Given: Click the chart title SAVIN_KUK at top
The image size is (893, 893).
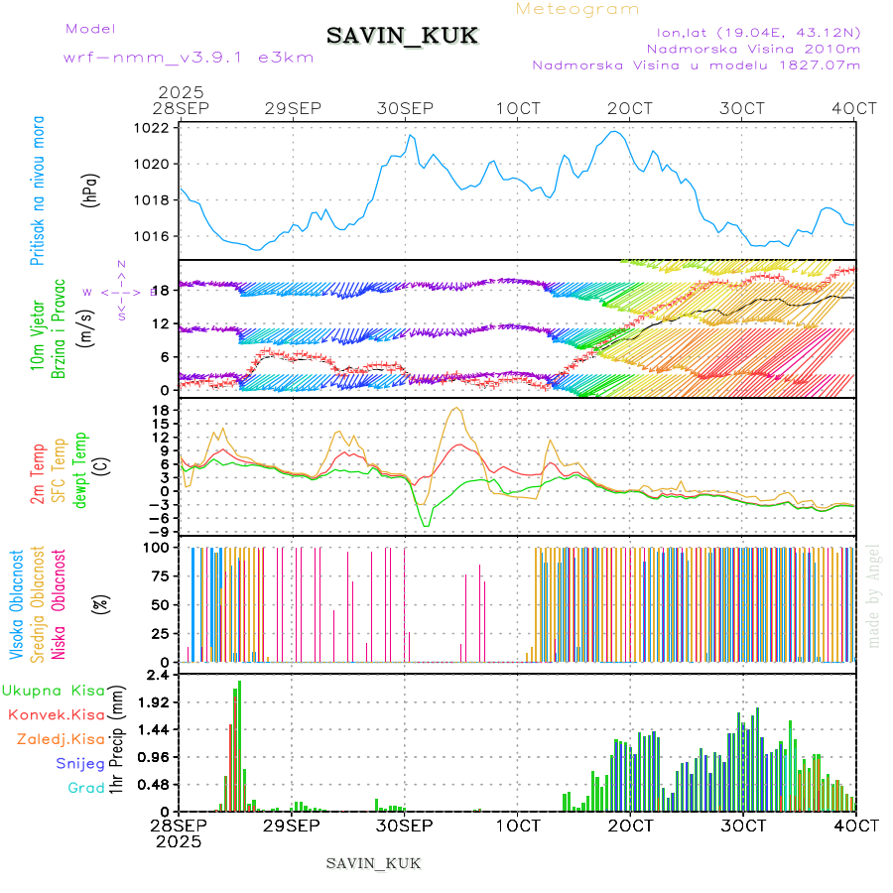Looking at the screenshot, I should coord(403,36).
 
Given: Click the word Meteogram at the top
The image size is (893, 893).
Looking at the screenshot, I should coord(577,9).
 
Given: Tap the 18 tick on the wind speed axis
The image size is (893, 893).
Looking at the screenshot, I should coord(159,290).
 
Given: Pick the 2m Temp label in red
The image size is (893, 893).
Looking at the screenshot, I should coord(38,475).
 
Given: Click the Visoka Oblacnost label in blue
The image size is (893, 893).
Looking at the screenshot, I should coord(16,604).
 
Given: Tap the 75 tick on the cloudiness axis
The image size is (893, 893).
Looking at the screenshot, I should coord(159,575).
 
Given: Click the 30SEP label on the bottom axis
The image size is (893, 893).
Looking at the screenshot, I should coord(405,826).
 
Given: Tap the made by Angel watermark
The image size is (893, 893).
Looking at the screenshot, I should coord(874,595).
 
